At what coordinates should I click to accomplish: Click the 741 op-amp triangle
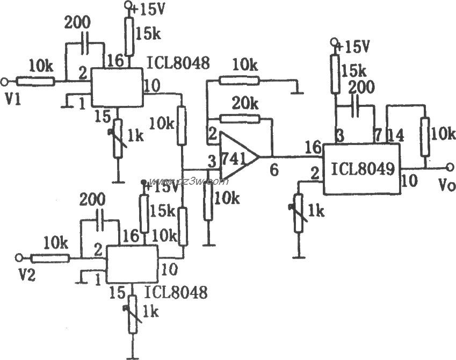click(x=236, y=157)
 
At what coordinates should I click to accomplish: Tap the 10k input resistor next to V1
click(x=35, y=81)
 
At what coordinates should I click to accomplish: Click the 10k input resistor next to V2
click(x=50, y=257)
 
